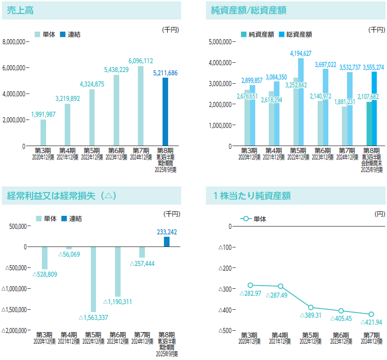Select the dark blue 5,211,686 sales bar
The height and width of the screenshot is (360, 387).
pyautogui.click(x=165, y=112)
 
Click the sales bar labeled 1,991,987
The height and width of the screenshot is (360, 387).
pyautogui.click(x=43, y=133)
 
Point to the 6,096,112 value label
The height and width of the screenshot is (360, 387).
pyautogui.click(x=141, y=61)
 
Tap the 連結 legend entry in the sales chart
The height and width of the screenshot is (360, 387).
pyautogui.click(x=71, y=34)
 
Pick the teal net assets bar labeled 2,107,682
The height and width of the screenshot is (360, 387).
pyautogui.click(x=369, y=124)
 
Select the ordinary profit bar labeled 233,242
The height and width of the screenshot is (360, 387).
pyautogui.click(x=167, y=241)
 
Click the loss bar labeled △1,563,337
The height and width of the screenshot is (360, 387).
pyautogui.click(x=94, y=279)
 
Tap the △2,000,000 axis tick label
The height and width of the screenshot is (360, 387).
pyautogui.click(x=15, y=330)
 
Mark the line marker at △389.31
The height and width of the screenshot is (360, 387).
pyautogui.click(x=311, y=307)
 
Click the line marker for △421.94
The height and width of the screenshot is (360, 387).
pyautogui.click(x=371, y=314)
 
